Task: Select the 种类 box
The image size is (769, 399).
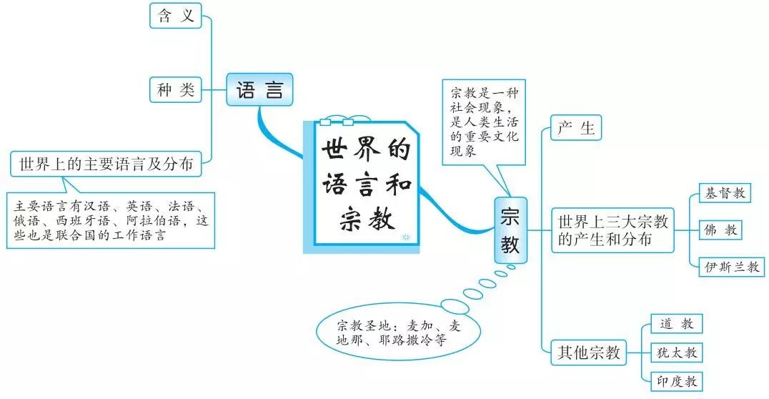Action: point(176,90)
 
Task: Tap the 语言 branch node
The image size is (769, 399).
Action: point(259,89)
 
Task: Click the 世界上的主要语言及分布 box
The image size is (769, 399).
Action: point(106,164)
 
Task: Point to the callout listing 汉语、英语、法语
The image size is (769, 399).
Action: point(111,220)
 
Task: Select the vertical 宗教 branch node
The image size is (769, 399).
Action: point(510,230)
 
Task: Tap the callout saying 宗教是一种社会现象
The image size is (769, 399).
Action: point(484,122)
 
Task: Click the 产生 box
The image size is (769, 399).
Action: point(576,128)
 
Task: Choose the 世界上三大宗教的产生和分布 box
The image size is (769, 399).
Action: point(612,230)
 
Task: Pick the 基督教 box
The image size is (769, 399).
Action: point(725,193)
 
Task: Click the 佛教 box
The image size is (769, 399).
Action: point(720,230)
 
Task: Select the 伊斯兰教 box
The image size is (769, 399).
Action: point(731,267)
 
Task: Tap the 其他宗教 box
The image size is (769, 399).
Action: point(588,353)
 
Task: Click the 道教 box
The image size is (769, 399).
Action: point(677,324)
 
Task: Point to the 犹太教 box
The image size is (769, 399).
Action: point(677,353)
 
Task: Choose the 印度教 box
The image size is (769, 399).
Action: point(677,381)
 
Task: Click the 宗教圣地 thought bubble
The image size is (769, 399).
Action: point(398,332)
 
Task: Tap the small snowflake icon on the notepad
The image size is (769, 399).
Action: point(405,237)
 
